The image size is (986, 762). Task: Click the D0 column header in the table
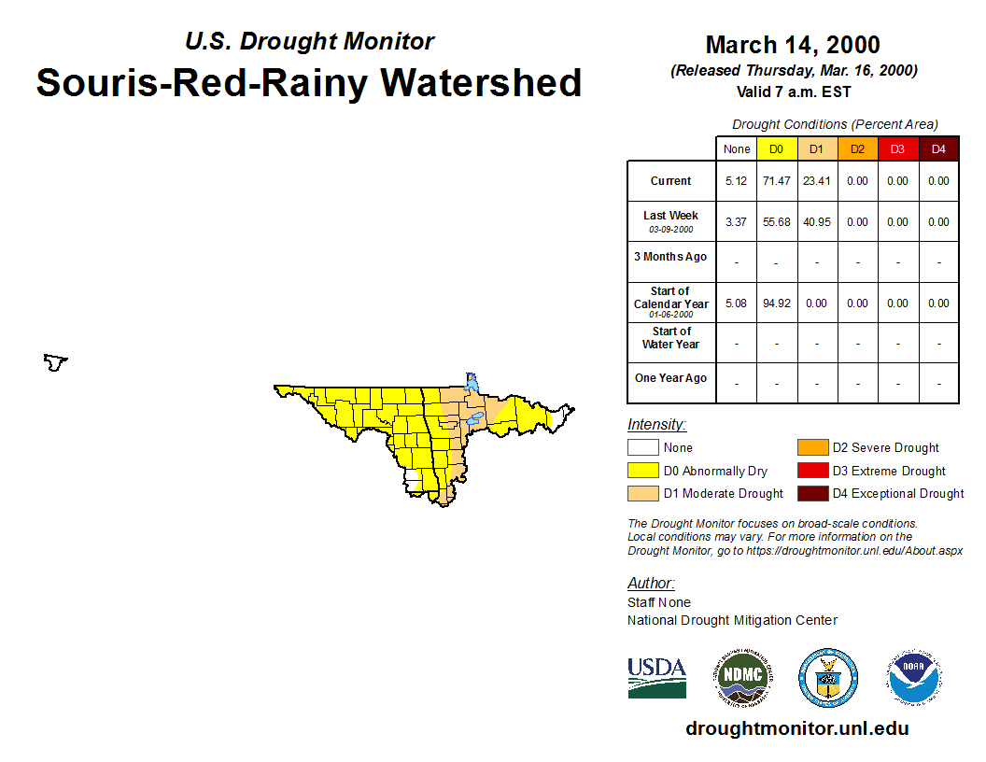click(x=777, y=149)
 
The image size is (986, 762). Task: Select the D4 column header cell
click(x=938, y=149)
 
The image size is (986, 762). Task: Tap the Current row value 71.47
click(x=777, y=181)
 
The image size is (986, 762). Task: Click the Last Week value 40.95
click(x=817, y=222)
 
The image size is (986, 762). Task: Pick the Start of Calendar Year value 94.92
click(x=777, y=303)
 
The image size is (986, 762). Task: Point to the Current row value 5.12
click(x=736, y=181)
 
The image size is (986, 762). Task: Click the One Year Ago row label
click(x=670, y=378)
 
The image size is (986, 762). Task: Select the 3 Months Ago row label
click(x=670, y=257)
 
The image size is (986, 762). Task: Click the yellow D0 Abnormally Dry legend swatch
click(x=642, y=471)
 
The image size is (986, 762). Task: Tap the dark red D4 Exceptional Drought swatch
click(x=812, y=494)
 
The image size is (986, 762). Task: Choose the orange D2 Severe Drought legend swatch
click(x=812, y=447)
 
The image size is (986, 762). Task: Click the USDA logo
click(x=656, y=678)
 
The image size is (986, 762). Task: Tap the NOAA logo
click(x=914, y=678)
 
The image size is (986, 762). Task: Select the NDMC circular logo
click(x=742, y=678)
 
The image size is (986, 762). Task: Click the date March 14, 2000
click(x=793, y=45)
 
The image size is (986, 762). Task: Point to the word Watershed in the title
click(x=481, y=82)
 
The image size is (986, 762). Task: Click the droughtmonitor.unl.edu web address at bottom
click(x=796, y=728)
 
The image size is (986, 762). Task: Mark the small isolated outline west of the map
click(x=55, y=362)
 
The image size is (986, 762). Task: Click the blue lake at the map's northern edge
click(x=471, y=382)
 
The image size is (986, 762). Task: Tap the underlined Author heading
click(x=651, y=584)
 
